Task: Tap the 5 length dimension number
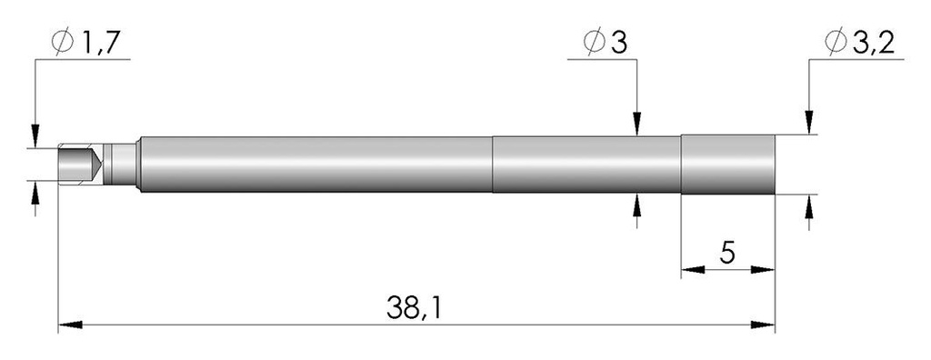click(727, 253)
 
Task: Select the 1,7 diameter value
click(101, 43)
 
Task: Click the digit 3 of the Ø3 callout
click(618, 43)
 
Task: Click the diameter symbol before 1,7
click(63, 42)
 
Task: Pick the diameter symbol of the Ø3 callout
click(594, 42)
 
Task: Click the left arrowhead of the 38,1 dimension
click(69, 325)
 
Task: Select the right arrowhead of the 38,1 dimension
click(763, 325)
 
